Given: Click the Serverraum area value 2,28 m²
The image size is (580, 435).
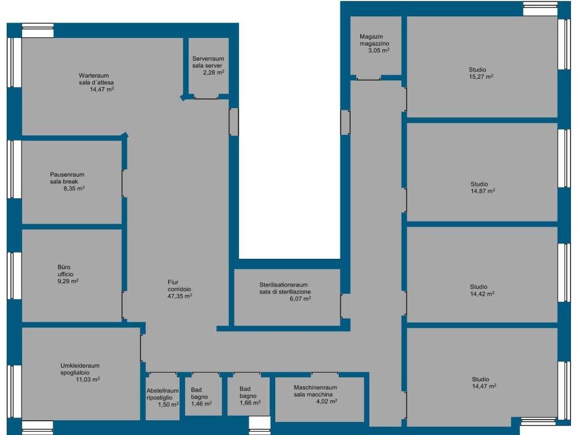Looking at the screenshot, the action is click(x=214, y=72).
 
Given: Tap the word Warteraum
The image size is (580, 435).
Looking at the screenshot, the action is click(x=93, y=75).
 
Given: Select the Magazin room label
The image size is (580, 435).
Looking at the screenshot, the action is click(x=371, y=37).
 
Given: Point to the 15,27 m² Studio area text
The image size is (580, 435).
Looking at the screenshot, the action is click(x=481, y=76).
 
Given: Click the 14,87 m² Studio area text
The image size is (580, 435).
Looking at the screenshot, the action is click(x=483, y=191).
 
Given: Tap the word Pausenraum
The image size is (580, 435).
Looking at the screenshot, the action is click(x=67, y=174).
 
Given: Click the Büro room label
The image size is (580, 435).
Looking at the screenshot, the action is click(x=64, y=267).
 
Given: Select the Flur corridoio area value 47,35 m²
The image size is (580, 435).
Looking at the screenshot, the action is click(x=180, y=296).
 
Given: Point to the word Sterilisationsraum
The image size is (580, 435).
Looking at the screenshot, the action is click(x=283, y=285).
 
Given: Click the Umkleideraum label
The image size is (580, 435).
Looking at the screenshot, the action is click(x=80, y=365).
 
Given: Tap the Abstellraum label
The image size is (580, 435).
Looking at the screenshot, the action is click(x=163, y=391).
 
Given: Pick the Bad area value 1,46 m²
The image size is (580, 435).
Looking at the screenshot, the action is click(x=201, y=403).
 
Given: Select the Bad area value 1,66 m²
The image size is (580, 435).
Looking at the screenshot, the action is click(x=250, y=403).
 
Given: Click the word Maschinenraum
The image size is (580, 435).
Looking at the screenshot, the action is click(x=315, y=387).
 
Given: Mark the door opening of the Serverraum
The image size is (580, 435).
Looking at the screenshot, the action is click(x=206, y=97).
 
